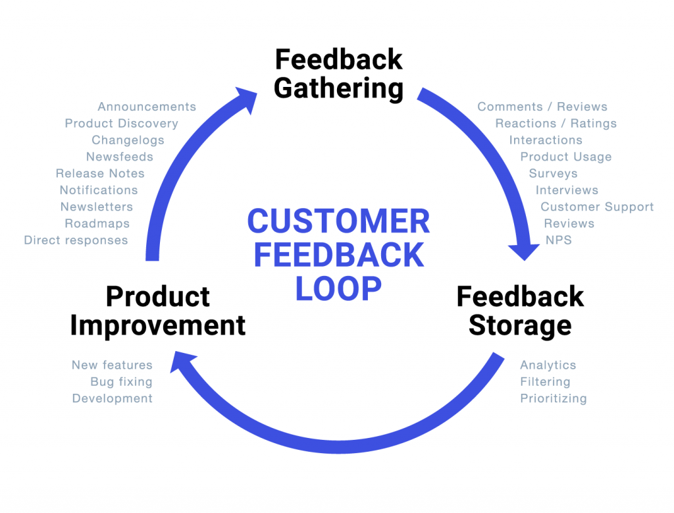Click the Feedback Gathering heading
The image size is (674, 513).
click(338, 73)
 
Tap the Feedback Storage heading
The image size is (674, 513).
click(520, 311)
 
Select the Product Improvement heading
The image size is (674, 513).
click(158, 311)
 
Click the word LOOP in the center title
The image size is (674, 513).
click(338, 288)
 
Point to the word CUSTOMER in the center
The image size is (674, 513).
click(338, 221)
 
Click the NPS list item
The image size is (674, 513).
click(558, 240)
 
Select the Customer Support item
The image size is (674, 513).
click(597, 207)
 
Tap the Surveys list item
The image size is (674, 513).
click(553, 173)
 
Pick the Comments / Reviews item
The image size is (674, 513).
click(542, 107)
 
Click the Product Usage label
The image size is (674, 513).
click(566, 157)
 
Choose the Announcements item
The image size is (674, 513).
click(147, 107)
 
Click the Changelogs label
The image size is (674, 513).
click(128, 140)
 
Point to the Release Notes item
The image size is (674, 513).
click(100, 174)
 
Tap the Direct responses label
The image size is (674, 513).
click(76, 240)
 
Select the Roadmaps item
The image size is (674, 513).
click(97, 224)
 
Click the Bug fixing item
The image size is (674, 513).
click(121, 382)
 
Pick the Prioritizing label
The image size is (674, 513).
click(553, 398)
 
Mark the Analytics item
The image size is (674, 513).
click(548, 365)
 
